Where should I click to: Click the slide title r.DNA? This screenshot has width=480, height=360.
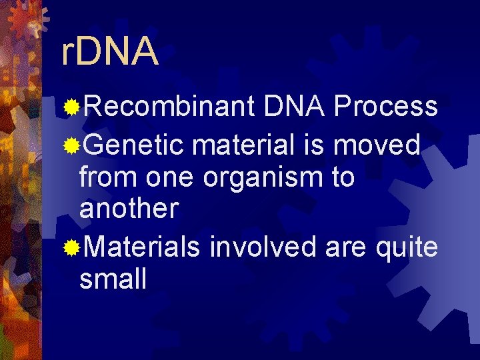pyautogui.click(x=109, y=53)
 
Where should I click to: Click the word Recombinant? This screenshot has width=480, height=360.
pyautogui.click(x=169, y=106)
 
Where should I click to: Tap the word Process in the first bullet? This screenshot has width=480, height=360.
pyautogui.click(x=385, y=106)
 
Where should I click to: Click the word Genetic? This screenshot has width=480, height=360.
pyautogui.click(x=133, y=145)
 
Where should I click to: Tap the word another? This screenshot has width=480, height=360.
pyautogui.click(x=129, y=209)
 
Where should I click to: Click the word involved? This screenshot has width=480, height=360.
pyautogui.click(x=263, y=247)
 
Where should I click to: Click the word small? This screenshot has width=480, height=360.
pyautogui.click(x=113, y=279)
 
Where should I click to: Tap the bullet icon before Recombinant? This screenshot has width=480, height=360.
pyautogui.click(x=71, y=107)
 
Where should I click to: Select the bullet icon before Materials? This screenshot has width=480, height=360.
pyautogui.click(x=71, y=248)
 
